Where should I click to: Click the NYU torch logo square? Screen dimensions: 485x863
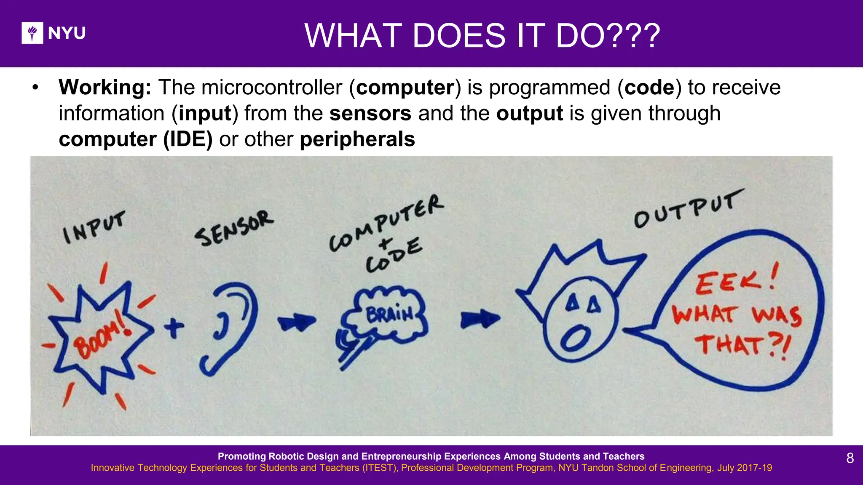click(32, 33)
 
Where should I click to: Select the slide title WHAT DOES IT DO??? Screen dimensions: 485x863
click(482, 36)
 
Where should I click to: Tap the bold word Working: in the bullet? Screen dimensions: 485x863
click(105, 88)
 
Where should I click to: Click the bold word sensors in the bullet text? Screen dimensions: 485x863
click(370, 114)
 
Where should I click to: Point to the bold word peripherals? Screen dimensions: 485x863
click(357, 139)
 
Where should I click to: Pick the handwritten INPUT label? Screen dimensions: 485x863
click(94, 227)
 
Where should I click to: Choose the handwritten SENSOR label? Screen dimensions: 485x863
click(234, 228)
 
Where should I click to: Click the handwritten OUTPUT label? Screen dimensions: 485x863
click(689, 209)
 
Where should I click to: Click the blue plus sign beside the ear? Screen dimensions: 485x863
click(174, 327)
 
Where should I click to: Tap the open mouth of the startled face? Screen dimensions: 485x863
click(576, 338)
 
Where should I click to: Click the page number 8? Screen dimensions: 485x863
click(850, 458)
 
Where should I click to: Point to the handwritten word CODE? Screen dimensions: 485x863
click(394, 256)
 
